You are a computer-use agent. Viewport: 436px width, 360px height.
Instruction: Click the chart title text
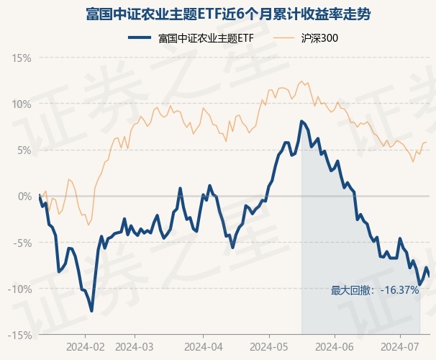(x=217, y=14)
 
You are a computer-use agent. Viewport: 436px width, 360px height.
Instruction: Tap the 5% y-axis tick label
(x=24, y=150)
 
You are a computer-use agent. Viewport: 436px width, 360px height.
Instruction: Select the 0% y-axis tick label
(x=24, y=196)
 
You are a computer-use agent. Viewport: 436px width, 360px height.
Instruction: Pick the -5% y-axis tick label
(x=22, y=243)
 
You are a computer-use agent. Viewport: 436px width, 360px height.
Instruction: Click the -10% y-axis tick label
(x=20, y=289)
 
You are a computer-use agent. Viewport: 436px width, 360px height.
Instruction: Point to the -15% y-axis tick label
(x=20, y=335)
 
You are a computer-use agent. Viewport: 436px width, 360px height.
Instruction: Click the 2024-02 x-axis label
(x=85, y=346)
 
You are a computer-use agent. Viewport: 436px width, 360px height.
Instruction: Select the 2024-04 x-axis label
(x=204, y=346)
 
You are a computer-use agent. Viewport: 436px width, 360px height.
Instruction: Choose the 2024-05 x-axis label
(x=269, y=346)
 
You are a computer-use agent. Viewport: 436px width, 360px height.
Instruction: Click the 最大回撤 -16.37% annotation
(x=375, y=290)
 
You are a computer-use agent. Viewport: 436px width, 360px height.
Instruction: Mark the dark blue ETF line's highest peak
(x=301, y=121)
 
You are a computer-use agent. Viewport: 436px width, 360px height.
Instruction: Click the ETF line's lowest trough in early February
(x=91, y=311)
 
